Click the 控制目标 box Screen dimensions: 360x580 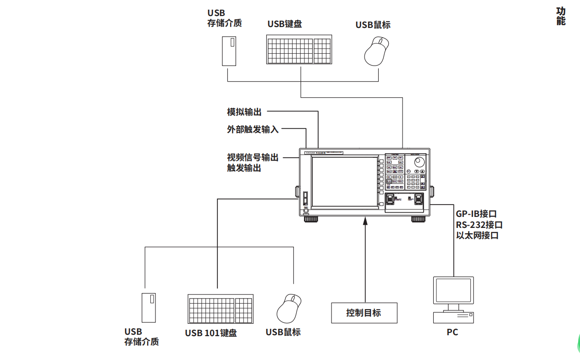pyautogui.click(x=364, y=313)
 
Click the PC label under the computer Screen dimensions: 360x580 pyautogui.click(x=452, y=332)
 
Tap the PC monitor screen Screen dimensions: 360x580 pyautogui.click(x=453, y=289)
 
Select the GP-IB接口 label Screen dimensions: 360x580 pyautogui.click(x=476, y=214)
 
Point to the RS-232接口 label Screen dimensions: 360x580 pyautogui.click(x=479, y=225)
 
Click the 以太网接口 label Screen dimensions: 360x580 pyautogui.click(x=477, y=236)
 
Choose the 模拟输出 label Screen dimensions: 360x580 pyautogui.click(x=244, y=111)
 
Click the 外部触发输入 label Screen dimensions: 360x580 pyautogui.click(x=253, y=129)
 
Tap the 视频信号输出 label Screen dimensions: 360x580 pyautogui.click(x=253, y=157)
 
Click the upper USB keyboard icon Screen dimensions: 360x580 pyautogui.click(x=299, y=50)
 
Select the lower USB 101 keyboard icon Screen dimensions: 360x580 pyautogui.click(x=220, y=309)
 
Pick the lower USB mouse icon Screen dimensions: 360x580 pyautogui.click(x=289, y=309)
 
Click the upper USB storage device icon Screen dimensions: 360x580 pyautogui.click(x=229, y=51)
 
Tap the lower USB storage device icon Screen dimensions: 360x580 pyautogui.click(x=149, y=308)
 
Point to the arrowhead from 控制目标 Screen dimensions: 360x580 pyautogui.click(x=365, y=222)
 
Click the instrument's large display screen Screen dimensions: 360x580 pyautogui.click(x=344, y=182)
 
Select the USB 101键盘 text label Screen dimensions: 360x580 pyautogui.click(x=211, y=333)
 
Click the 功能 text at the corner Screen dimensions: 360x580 pyautogui.click(x=561, y=17)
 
